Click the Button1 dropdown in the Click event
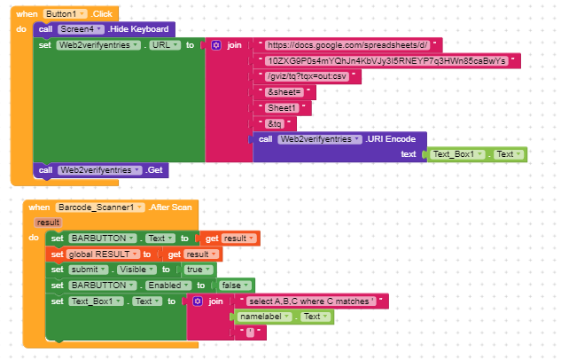click(x=65, y=14)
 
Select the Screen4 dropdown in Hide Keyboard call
click(x=81, y=29)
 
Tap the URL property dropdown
click(x=165, y=45)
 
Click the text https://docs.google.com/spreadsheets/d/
click(x=347, y=45)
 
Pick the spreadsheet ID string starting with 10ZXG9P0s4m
click(x=386, y=61)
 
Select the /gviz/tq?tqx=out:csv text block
click(x=307, y=76)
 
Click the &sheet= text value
click(x=284, y=92)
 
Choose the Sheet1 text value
click(x=282, y=107)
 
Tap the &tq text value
click(x=275, y=124)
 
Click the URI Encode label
click(x=390, y=139)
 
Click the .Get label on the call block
click(x=154, y=170)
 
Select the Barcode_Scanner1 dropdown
click(x=100, y=207)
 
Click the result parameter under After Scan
click(x=48, y=223)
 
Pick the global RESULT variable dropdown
click(x=103, y=254)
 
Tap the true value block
click(x=199, y=270)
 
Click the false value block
click(x=234, y=286)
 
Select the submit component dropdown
click(x=89, y=270)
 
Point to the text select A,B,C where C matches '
click(x=311, y=301)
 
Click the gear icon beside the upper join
click(x=216, y=45)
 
